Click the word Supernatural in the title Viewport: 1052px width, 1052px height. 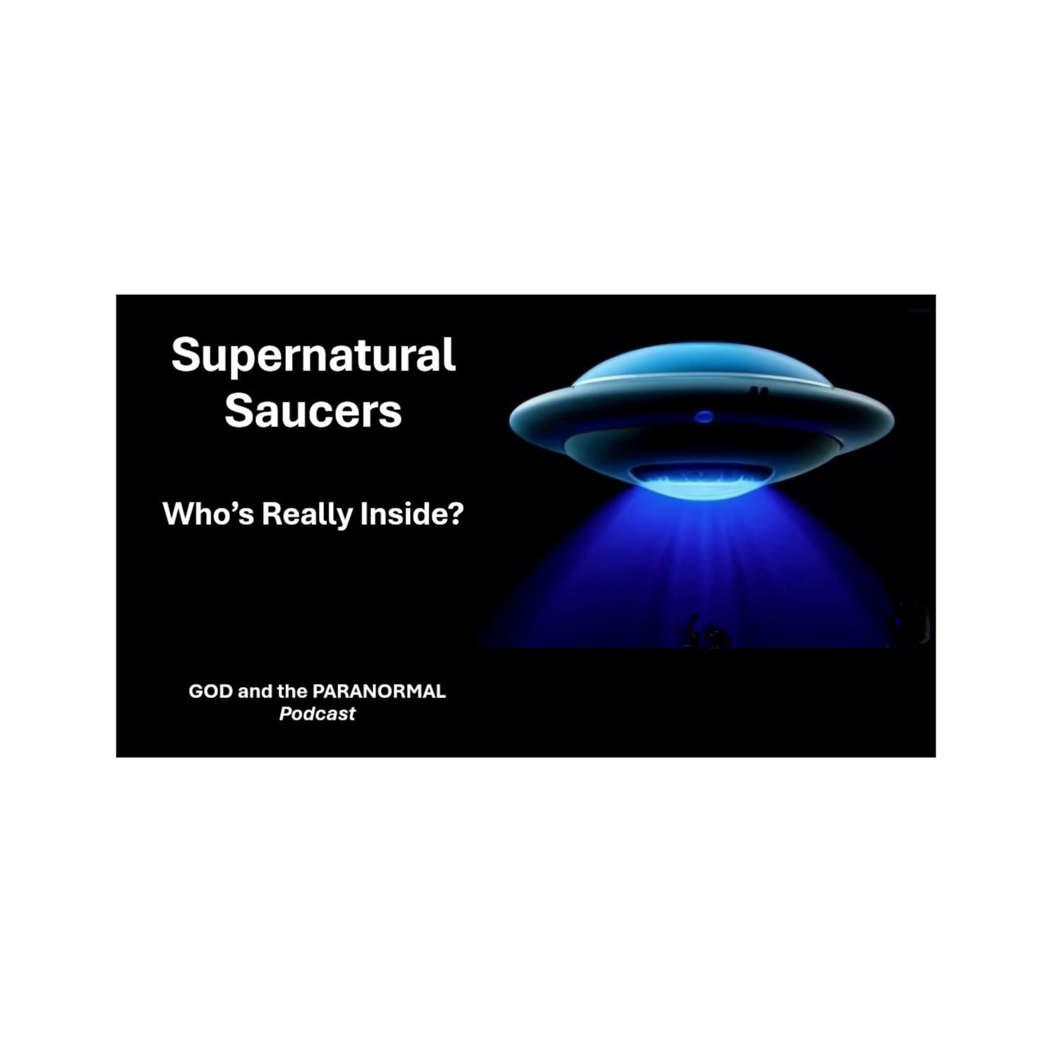pos(313,355)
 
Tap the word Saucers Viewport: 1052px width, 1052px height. pos(313,411)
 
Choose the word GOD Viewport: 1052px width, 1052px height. pos(211,691)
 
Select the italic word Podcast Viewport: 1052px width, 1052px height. pos(317,714)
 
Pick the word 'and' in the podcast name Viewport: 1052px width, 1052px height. pos(255,691)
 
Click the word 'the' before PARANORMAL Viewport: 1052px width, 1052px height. pos(292,691)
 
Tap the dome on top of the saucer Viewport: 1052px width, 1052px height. pos(702,364)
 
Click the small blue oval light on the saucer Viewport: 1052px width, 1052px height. pos(703,417)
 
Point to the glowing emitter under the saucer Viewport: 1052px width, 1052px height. pos(699,478)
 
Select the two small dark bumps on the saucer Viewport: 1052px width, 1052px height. pos(759,391)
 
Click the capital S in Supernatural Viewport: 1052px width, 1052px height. pos(184,355)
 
